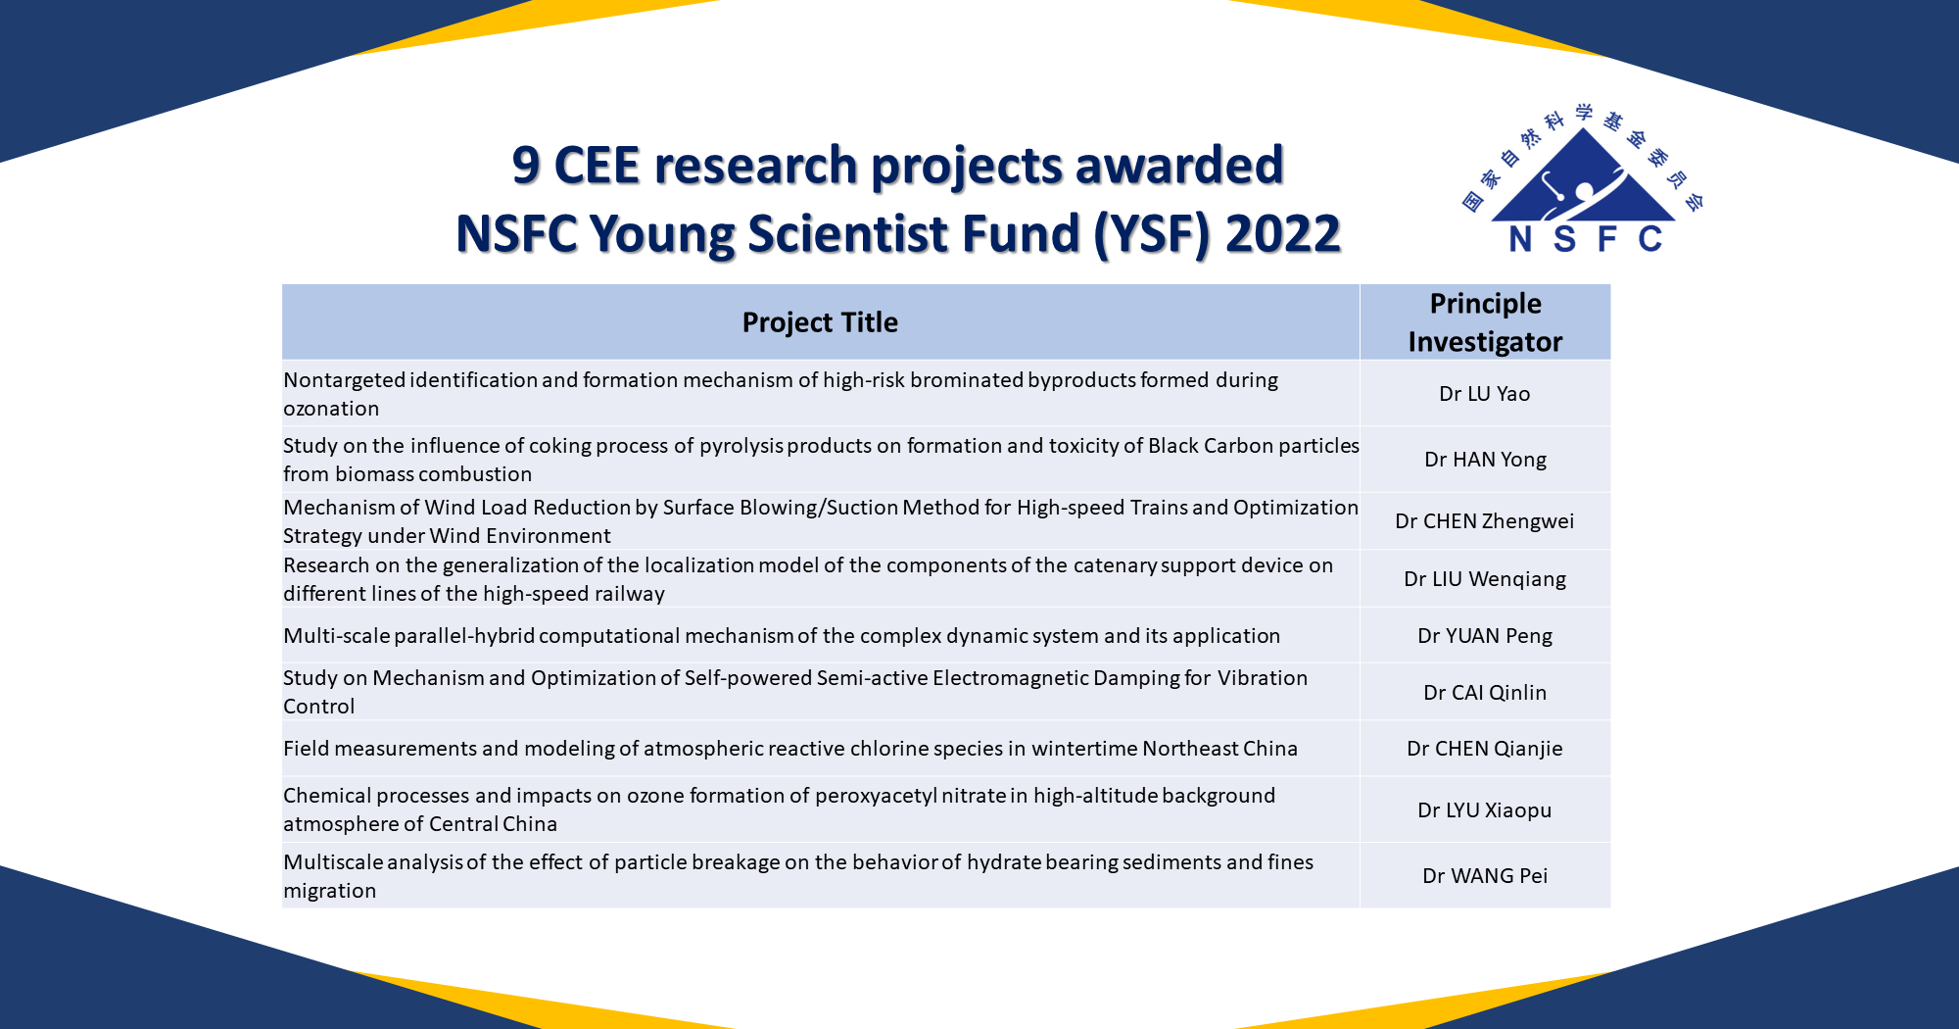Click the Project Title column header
pyautogui.click(x=820, y=322)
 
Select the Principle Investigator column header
pyautogui.click(x=1485, y=322)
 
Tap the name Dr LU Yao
pyautogui.click(x=1484, y=394)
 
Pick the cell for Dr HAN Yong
pyautogui.click(x=1485, y=460)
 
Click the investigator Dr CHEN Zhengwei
pyautogui.click(x=1484, y=521)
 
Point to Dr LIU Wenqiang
pyautogui.click(x=1484, y=579)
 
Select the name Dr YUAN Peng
pyautogui.click(x=1484, y=636)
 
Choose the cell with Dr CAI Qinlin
pyautogui.click(x=1484, y=693)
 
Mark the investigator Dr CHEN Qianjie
pyautogui.click(x=1484, y=749)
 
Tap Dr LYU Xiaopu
pyautogui.click(x=1484, y=810)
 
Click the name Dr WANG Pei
pyautogui.click(x=1484, y=876)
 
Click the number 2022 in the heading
pyautogui.click(x=1282, y=234)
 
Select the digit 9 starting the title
pyautogui.click(x=526, y=165)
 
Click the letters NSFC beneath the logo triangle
pyautogui.click(x=1584, y=239)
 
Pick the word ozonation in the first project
pyautogui.click(x=331, y=409)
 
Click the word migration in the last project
pyautogui.click(x=329, y=891)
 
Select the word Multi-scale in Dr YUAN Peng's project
pyautogui.click(x=336, y=636)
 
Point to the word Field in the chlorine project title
pyautogui.click(x=306, y=749)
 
